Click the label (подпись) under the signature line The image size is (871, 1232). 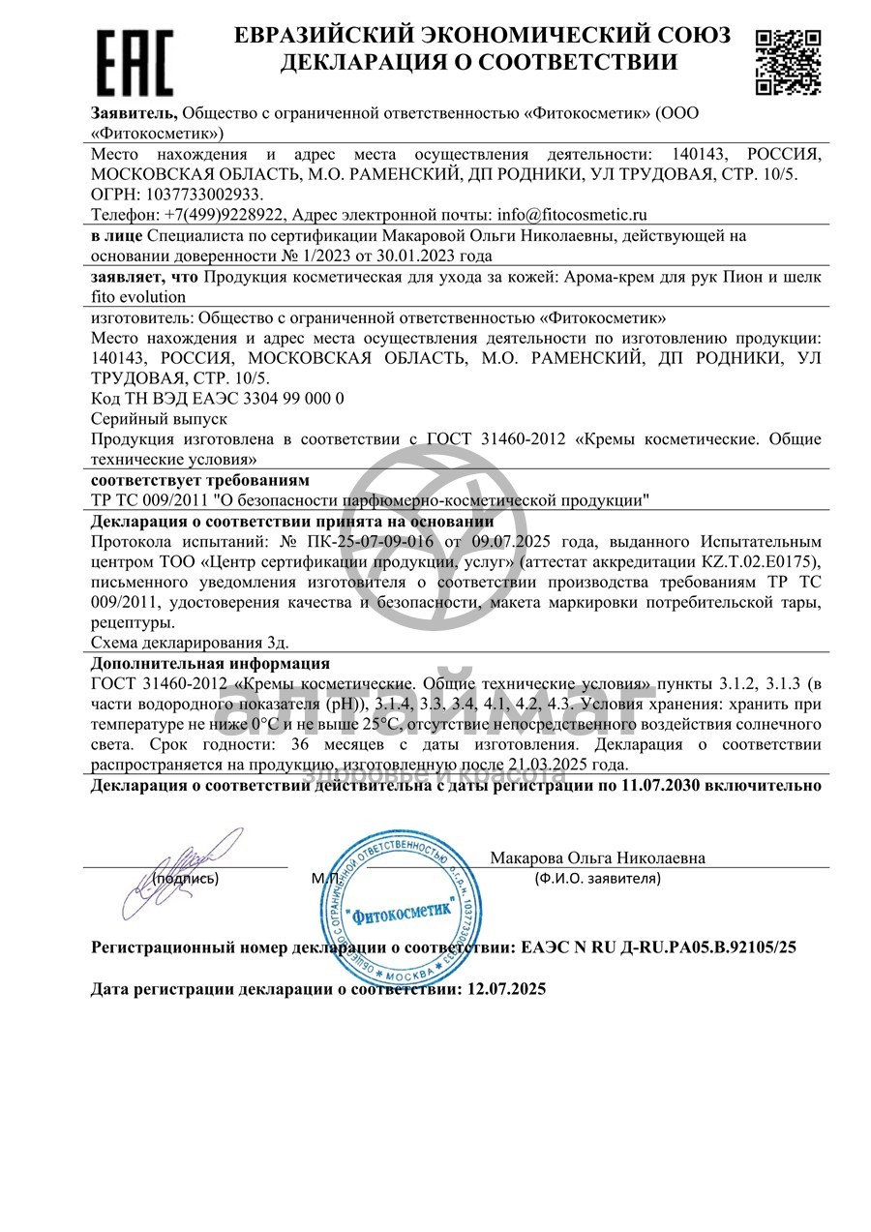point(186,879)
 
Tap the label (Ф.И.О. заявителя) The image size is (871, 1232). point(597,879)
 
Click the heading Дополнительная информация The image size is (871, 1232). point(210,664)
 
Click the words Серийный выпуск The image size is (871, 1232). point(159,419)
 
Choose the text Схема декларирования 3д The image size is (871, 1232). point(190,642)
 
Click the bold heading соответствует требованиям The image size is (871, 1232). point(199,480)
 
